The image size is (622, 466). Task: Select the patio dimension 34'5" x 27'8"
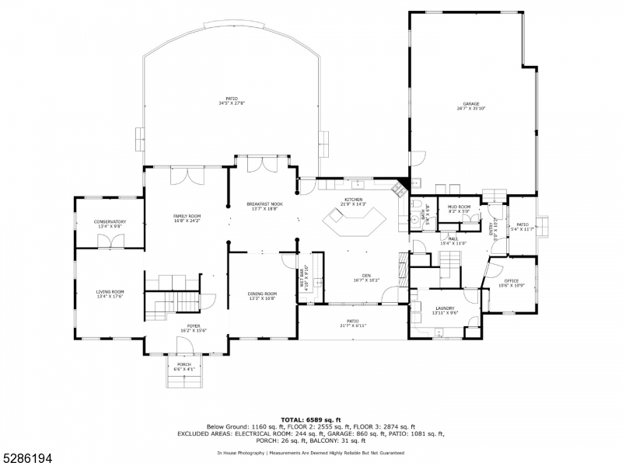(232, 103)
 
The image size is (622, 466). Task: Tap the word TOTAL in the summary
(281, 419)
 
